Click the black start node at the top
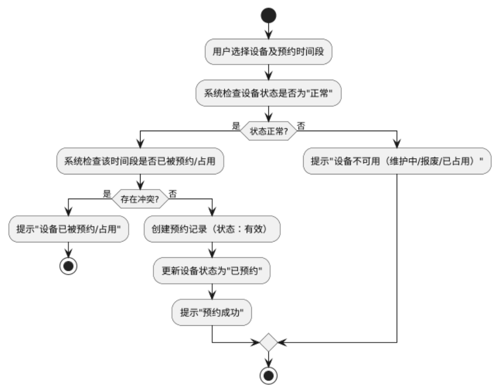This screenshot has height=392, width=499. pos(268,16)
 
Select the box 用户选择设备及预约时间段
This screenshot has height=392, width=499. pos(268,52)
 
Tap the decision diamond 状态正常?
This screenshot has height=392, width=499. pos(268,131)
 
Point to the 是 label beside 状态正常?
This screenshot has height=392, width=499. pos(236,126)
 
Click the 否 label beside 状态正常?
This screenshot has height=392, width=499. pos(301,126)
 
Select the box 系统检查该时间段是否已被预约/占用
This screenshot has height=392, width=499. pos(140,161)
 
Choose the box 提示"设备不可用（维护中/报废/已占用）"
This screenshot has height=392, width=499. pos(397,161)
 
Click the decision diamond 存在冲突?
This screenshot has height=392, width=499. pos(140,199)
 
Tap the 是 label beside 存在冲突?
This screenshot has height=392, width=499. pos(107,194)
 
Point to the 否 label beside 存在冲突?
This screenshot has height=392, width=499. pos(172,194)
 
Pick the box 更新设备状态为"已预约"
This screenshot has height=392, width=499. pos(212,271)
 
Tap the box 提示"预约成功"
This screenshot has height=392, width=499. pos(212,312)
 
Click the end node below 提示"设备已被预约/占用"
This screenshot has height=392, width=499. pos(68,266)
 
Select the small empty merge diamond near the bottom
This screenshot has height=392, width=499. pos(268,342)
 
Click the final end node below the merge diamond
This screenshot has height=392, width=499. pos(268,375)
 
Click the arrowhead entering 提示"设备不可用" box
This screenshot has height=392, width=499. pos(397,143)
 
